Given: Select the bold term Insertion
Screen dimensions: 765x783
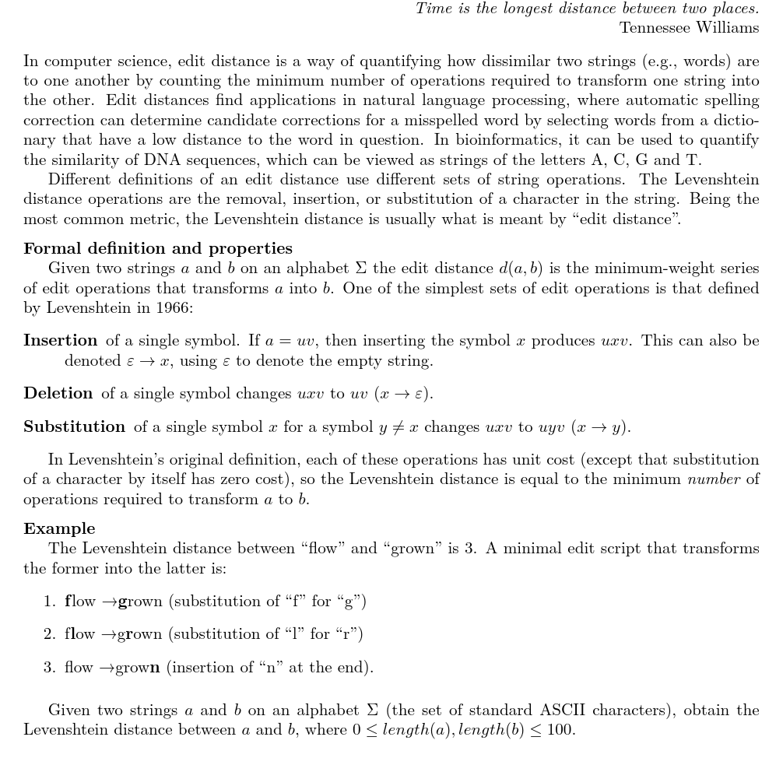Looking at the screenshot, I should coord(61,340).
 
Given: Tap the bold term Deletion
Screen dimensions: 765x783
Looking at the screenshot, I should coord(58,393).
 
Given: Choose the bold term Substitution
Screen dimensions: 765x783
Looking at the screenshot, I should coord(75,426).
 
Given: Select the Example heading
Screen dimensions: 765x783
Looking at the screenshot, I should coord(59,528).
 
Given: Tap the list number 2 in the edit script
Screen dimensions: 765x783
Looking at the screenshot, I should coord(49,634).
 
